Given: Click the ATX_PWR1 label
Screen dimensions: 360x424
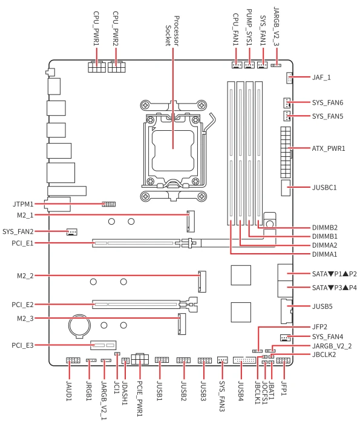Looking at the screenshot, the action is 329,148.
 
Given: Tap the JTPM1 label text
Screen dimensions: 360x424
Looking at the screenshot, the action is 23,204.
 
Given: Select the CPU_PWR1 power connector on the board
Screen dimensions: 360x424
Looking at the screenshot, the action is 96,67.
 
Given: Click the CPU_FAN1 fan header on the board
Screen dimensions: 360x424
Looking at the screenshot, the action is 237,65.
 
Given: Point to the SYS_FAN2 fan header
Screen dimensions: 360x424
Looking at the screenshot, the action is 72,232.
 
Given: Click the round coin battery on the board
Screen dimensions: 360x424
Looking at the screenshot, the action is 79,326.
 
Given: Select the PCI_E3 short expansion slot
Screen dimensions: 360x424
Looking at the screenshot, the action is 103,345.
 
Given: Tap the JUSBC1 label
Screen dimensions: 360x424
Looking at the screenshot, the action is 324,187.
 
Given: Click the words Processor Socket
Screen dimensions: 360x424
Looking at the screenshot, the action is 172,31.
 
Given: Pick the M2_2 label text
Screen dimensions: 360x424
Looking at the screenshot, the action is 25,276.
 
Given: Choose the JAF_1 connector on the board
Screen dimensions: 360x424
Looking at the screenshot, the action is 289,78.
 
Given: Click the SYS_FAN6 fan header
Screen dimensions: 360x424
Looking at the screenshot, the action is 287,102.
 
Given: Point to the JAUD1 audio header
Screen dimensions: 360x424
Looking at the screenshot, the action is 73,360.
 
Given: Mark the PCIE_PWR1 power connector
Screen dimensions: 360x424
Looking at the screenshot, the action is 140,359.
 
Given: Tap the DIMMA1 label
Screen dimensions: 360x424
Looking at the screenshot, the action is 325,254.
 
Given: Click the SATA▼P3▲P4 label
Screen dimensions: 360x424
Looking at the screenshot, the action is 335,288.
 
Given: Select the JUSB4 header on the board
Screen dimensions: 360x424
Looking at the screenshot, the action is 244,360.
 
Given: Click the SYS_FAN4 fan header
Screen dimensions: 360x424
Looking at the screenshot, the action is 286,338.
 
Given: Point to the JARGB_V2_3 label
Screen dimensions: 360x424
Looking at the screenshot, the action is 277,27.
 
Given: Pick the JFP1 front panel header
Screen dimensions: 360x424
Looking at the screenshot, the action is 283,360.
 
